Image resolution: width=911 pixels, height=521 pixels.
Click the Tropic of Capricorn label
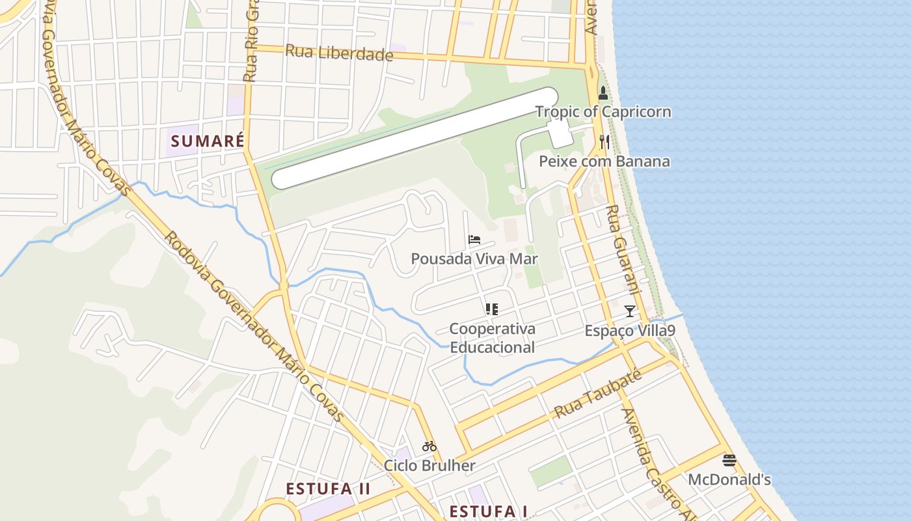(x=603, y=111)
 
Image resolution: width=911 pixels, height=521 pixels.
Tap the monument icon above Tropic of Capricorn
(x=603, y=93)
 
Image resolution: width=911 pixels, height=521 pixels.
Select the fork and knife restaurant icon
(x=604, y=142)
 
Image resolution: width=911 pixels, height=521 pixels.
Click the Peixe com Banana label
(x=605, y=161)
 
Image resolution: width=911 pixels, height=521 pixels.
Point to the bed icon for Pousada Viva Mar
(x=474, y=240)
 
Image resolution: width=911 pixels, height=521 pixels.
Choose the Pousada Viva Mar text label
(x=474, y=259)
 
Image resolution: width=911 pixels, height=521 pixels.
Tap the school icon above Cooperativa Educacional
(x=492, y=309)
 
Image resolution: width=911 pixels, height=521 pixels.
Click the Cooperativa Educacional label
(x=492, y=338)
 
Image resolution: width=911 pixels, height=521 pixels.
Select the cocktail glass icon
(x=629, y=311)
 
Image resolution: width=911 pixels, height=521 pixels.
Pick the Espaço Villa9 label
(x=629, y=331)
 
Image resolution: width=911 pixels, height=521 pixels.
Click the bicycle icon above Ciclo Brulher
(x=429, y=447)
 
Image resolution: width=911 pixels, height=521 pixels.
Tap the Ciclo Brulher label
(x=429, y=466)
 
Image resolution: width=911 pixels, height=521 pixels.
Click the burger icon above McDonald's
(x=729, y=460)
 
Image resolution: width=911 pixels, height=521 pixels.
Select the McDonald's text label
(x=729, y=480)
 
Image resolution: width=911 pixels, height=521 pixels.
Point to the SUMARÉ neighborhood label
(x=208, y=141)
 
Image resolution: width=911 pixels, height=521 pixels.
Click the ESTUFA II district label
(x=328, y=488)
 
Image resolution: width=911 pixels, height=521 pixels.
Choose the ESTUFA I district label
(x=488, y=511)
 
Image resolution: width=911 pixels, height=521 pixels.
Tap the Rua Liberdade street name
(x=339, y=53)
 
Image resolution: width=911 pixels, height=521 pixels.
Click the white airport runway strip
(x=415, y=139)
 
